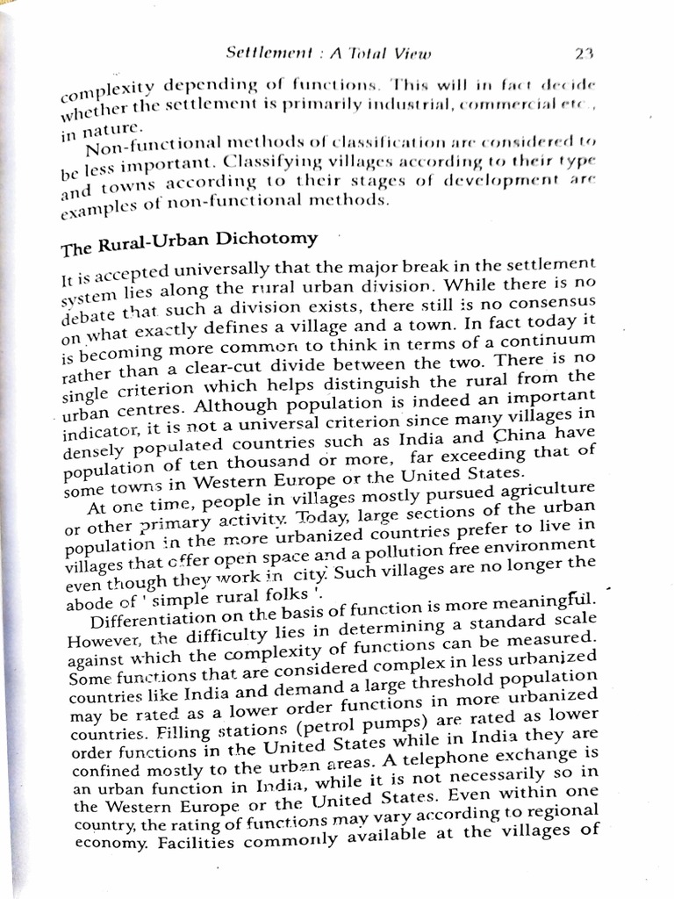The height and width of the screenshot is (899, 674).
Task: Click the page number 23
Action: point(585,53)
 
